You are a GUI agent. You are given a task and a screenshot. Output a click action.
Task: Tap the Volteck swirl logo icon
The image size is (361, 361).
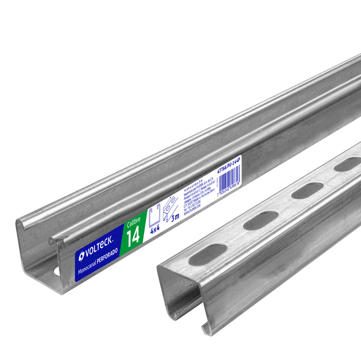coord(82,256)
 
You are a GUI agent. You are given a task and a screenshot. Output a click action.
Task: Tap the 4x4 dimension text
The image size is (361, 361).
coord(155,229)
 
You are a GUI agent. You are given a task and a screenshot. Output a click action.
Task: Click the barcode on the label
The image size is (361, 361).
coord(230,176)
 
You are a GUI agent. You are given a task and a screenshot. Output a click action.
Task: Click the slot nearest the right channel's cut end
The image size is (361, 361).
coord(207,255)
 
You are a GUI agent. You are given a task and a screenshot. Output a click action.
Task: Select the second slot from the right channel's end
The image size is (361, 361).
coord(260,220)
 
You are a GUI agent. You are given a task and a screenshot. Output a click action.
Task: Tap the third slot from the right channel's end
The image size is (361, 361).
coord(308,190)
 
